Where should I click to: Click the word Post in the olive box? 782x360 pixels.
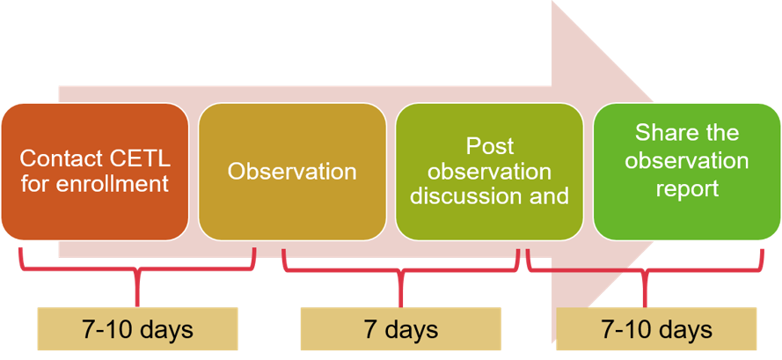(490, 145)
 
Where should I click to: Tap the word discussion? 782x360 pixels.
(466, 195)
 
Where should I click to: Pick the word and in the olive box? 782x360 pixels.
(548, 195)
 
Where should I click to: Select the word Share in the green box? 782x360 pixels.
(663, 134)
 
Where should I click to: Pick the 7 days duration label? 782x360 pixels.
(400, 330)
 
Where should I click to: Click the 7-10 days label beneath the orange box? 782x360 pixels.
(137, 330)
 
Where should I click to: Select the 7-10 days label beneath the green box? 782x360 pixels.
(656, 330)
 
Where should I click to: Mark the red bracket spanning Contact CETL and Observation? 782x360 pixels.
(137, 269)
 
